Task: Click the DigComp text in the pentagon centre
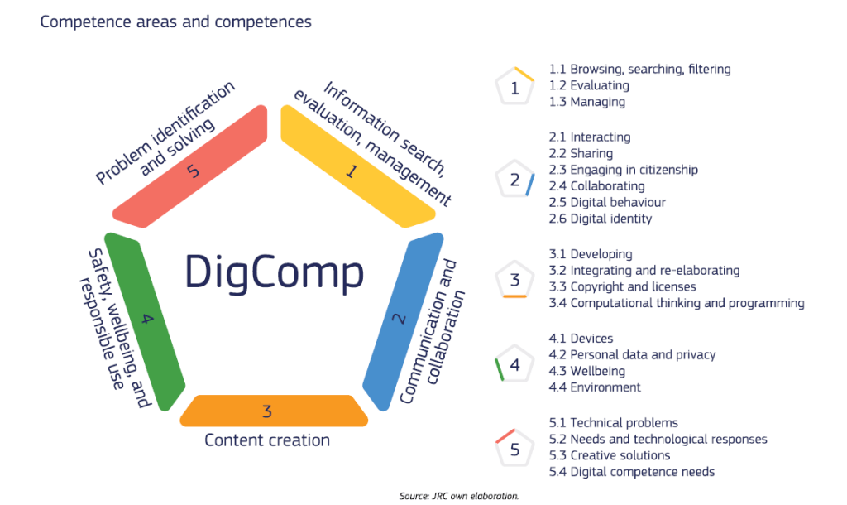tap(274, 270)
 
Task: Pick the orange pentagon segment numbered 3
tap(273, 411)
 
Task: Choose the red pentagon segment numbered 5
tap(192, 170)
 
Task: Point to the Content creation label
tap(267, 440)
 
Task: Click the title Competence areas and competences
tap(176, 22)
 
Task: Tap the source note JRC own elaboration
tap(458, 496)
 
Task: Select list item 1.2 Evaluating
tap(589, 85)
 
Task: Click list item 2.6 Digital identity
tap(601, 219)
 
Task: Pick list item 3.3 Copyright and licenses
tap(622, 286)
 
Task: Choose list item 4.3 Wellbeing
tap(587, 371)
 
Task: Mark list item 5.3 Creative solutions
tap(610, 455)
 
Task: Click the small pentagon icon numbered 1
tap(514, 87)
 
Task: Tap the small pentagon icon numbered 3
tap(514, 280)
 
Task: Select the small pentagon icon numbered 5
tap(514, 449)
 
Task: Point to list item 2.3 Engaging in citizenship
tap(624, 170)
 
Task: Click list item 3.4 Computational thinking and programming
tap(677, 303)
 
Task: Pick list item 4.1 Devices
tap(581, 338)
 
